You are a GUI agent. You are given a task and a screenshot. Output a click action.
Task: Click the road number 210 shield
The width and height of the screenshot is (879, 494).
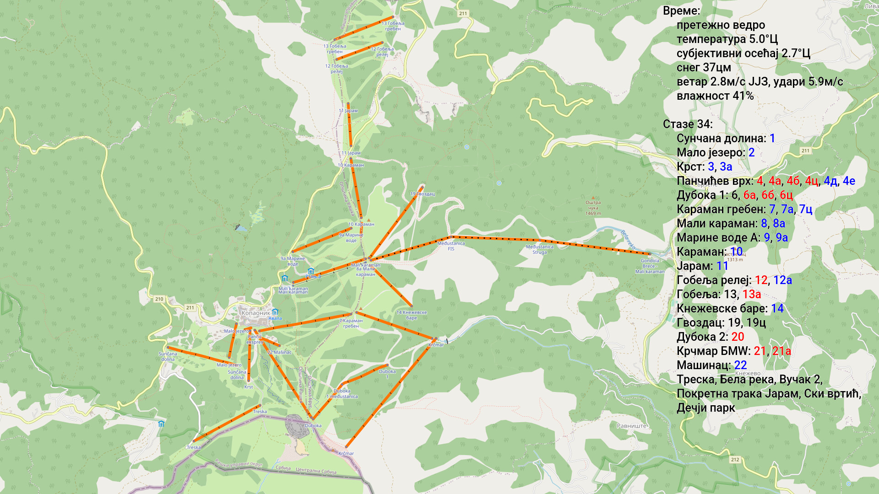click(x=159, y=299)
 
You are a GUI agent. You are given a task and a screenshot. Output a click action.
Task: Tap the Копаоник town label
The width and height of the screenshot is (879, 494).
click(x=255, y=313)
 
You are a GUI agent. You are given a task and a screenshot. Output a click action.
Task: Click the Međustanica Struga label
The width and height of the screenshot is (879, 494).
click(x=539, y=249)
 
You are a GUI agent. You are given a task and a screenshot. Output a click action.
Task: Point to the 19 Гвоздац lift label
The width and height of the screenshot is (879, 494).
click(x=422, y=194)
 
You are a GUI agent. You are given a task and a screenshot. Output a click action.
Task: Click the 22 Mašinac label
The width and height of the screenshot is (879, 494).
click(x=279, y=352)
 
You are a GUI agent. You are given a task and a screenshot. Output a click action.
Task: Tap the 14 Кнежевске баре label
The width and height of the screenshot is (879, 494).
click(x=411, y=315)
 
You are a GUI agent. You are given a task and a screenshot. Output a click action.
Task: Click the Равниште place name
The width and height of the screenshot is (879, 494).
click(x=632, y=426)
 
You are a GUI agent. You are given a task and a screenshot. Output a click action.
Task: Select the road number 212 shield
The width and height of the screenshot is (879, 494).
click(x=735, y=460)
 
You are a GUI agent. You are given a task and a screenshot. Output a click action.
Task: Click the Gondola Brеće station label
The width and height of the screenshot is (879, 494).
click(x=650, y=263)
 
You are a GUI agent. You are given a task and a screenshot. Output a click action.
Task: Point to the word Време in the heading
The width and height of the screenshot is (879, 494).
click(x=681, y=11)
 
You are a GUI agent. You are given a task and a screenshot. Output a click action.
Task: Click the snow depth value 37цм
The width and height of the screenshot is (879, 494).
click(x=716, y=68)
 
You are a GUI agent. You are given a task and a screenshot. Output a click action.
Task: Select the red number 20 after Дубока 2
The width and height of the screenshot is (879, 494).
click(x=738, y=337)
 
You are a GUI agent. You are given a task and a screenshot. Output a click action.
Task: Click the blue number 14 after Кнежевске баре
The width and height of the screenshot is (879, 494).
click(x=777, y=309)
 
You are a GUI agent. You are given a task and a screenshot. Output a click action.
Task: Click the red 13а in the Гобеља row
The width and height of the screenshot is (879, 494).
click(x=751, y=295)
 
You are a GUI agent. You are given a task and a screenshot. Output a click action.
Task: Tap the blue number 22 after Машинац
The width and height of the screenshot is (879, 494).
click(x=740, y=365)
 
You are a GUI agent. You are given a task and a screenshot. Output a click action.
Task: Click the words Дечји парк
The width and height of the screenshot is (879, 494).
click(x=705, y=408)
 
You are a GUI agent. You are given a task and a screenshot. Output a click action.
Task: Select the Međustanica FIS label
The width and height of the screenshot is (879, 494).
click(x=451, y=246)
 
